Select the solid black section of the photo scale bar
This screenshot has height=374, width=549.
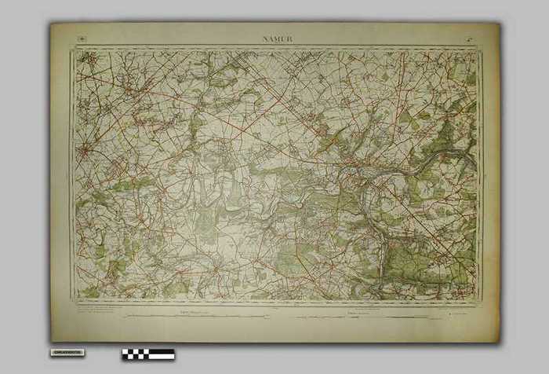pos(162,354)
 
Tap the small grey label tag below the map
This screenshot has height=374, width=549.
pos(68,353)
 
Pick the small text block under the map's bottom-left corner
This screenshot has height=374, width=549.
pos(98,309)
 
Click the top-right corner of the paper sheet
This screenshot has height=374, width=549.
pos(498,24)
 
